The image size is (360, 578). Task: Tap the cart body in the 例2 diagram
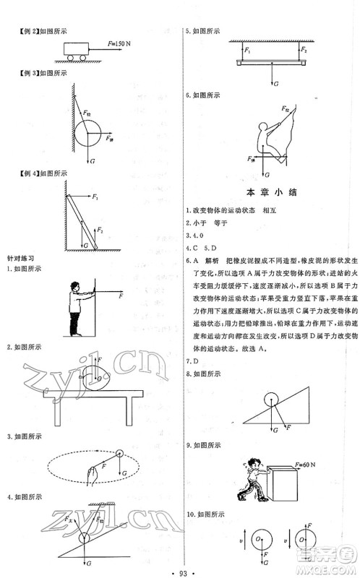[74, 48]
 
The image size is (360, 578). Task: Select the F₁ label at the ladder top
[95, 197]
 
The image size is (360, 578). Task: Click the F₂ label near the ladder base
[101, 230]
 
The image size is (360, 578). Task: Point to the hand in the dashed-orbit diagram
[90, 474]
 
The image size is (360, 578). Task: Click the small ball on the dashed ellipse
[118, 454]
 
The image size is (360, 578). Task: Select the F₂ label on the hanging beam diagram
[304, 51]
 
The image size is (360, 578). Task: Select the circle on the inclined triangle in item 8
[271, 398]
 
